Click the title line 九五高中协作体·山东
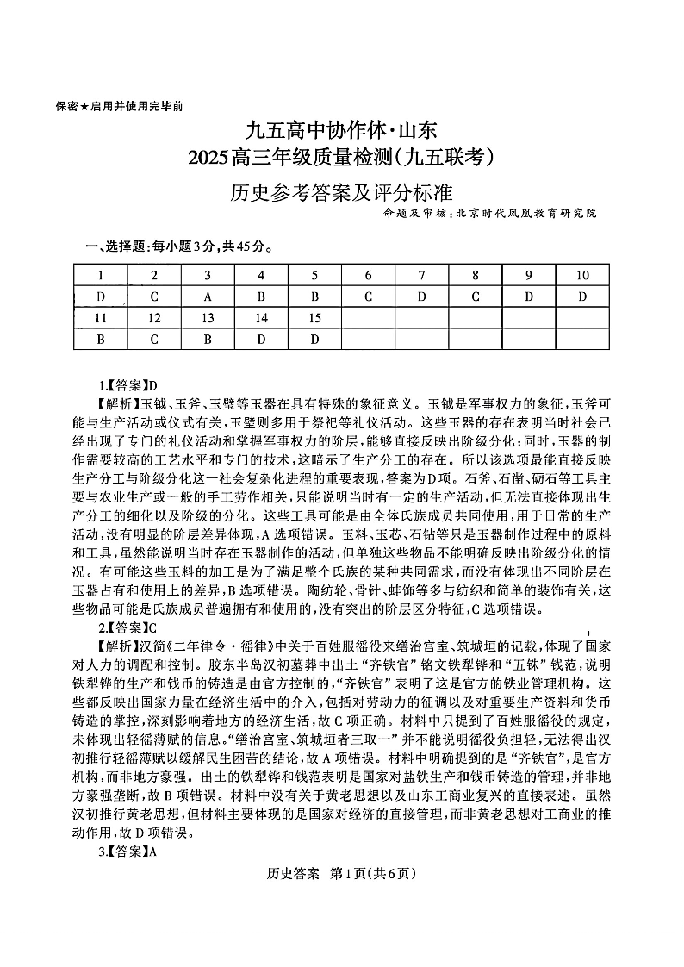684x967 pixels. pyautogui.click(x=342, y=131)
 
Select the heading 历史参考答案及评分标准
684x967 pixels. pyautogui.click(x=342, y=190)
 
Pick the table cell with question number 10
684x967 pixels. pyautogui.click(x=581, y=276)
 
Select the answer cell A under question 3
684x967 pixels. pyautogui.click(x=208, y=297)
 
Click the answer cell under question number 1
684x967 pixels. pyautogui.click(x=101, y=297)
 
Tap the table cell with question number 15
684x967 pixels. pyautogui.click(x=314, y=318)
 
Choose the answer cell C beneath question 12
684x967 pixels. pyautogui.click(x=154, y=340)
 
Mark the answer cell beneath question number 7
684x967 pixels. pyautogui.click(x=421, y=297)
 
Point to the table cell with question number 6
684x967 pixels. pyautogui.click(x=368, y=276)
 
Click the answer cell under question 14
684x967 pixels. pyautogui.click(x=261, y=340)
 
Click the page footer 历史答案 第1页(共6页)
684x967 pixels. pyautogui.click(x=342, y=874)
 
